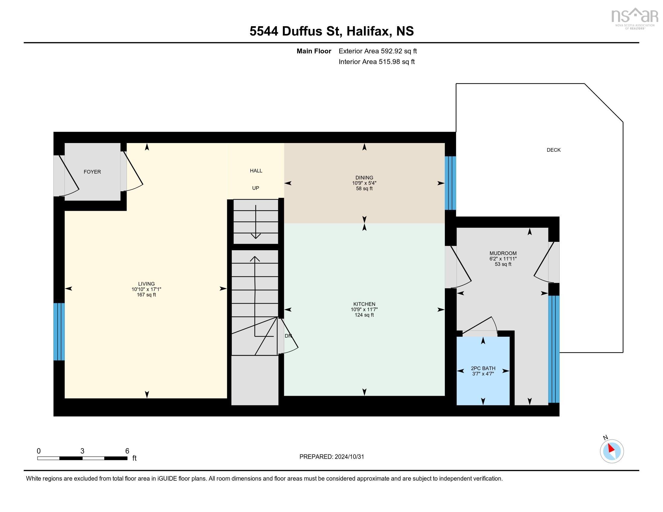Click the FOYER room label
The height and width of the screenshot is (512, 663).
[x=92, y=172]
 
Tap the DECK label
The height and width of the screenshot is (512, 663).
[x=553, y=150]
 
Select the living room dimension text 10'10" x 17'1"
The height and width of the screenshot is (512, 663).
[x=146, y=289]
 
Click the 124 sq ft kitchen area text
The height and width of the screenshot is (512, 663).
[x=364, y=315]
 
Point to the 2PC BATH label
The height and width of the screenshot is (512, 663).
[x=483, y=368]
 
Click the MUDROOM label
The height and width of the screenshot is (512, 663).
[x=503, y=253]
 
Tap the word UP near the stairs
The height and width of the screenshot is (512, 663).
[x=256, y=188]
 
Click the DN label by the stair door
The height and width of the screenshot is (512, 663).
[x=288, y=336]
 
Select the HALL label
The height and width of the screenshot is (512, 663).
[x=256, y=171]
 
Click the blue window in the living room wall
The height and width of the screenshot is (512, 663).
[x=59, y=332]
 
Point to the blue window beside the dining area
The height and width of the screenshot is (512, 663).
[x=450, y=183]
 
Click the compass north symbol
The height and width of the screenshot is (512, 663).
[x=612, y=451]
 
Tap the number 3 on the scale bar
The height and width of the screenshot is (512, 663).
[x=82, y=451]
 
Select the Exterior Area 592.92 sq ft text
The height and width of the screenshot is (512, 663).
[x=378, y=51]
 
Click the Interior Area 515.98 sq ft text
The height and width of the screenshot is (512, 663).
[x=376, y=61]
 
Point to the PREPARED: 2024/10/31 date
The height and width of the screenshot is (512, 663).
[x=331, y=457]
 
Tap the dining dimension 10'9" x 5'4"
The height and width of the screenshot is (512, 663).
[x=364, y=183]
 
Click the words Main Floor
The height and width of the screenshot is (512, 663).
[x=314, y=51]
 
